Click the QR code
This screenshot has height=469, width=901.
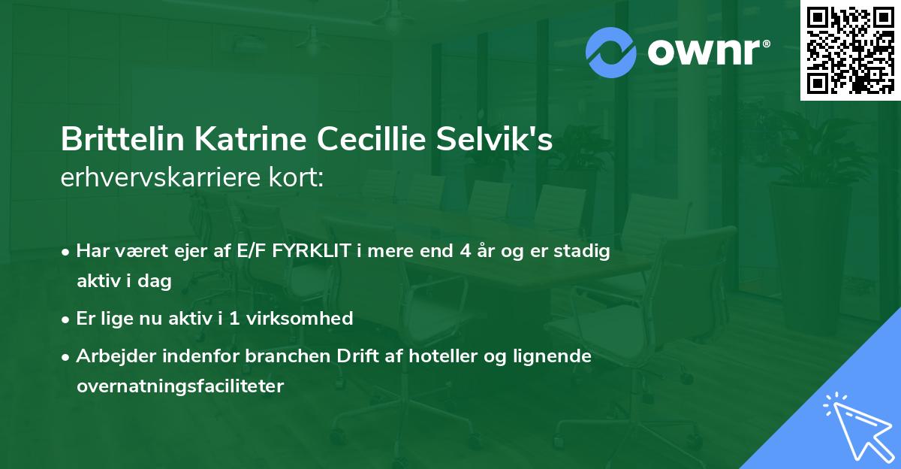850,50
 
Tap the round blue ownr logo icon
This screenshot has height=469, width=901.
612,52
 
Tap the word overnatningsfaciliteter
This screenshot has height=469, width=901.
180,386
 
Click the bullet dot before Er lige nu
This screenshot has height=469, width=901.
66,319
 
